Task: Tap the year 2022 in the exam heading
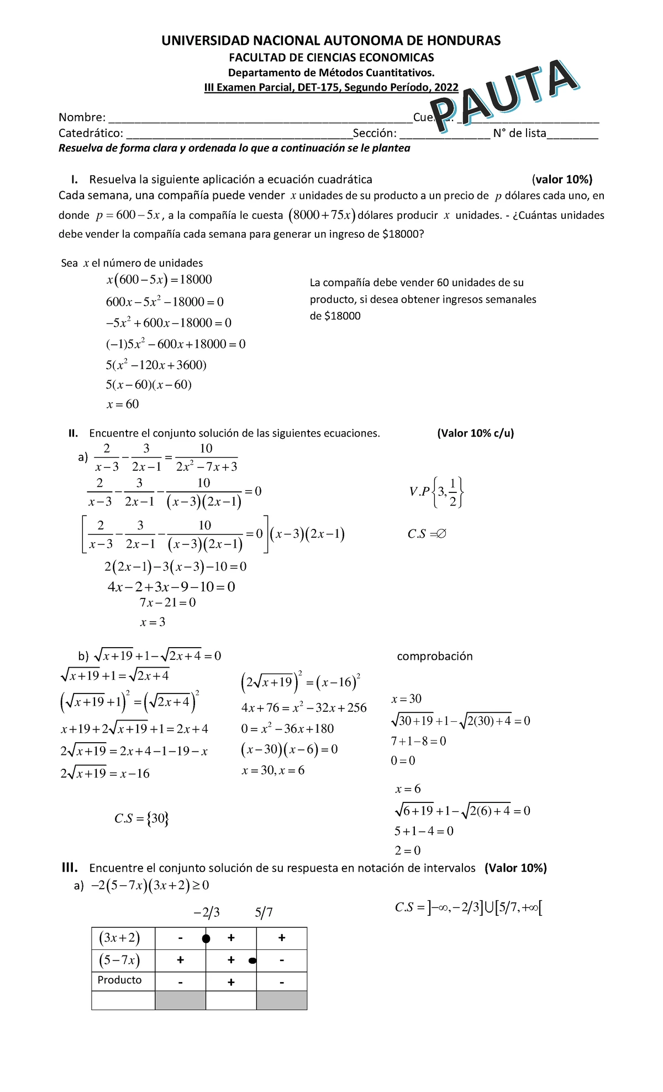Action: pyautogui.click(x=446, y=87)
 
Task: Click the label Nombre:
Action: pyautogui.click(x=82, y=117)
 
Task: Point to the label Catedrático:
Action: pyautogui.click(x=91, y=133)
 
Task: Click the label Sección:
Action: pyautogui.click(x=375, y=133)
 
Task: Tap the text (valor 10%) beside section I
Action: pyautogui.click(x=562, y=179)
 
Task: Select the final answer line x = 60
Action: pyautogui.click(x=123, y=405)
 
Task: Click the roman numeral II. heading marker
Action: pyautogui.click(x=73, y=433)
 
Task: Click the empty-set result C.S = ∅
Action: pyautogui.click(x=427, y=534)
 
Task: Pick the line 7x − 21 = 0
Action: pyautogui.click(x=167, y=602)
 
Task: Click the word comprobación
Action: pyautogui.click(x=435, y=656)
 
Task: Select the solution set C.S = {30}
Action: pyautogui.click(x=141, y=818)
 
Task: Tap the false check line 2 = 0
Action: pyautogui.click(x=407, y=851)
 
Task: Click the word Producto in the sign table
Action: pyautogui.click(x=119, y=980)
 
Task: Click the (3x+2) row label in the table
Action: pyautogui.click(x=119, y=938)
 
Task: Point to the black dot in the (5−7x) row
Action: pyautogui.click(x=252, y=961)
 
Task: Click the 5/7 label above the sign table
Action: pyautogui.click(x=264, y=912)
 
